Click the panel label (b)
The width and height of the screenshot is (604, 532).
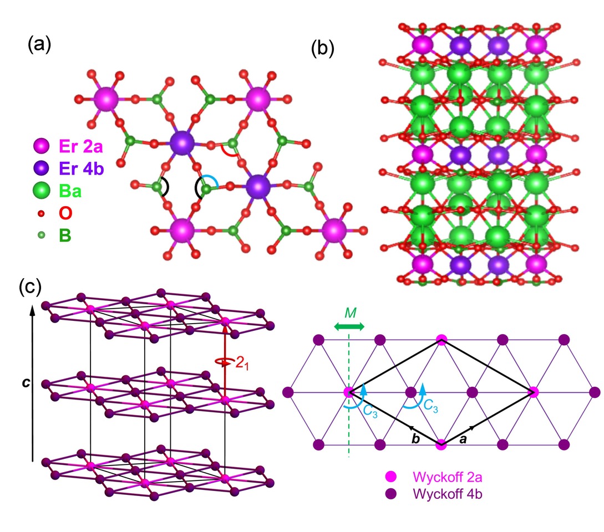coord(322,48)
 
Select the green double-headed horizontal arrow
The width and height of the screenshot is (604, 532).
coord(349,328)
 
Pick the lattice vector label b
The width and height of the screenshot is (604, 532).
coord(415,439)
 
